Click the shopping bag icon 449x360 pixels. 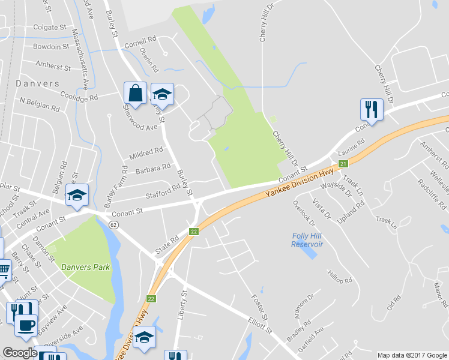(x=135, y=93)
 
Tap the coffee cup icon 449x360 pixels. (x=25, y=325)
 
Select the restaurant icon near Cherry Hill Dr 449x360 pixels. (x=371, y=109)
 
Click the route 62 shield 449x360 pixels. (x=113, y=224)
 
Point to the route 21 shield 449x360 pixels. (x=343, y=164)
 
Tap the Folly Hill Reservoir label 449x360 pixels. (x=307, y=240)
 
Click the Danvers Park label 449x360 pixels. (x=85, y=267)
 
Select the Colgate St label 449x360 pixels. (x=50, y=27)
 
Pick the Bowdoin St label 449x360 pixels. (x=51, y=46)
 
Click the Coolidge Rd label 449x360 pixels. (x=79, y=94)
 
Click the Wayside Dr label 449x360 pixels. (x=336, y=190)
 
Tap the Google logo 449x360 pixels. (x=20, y=353)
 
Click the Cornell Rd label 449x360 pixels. (x=140, y=42)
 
